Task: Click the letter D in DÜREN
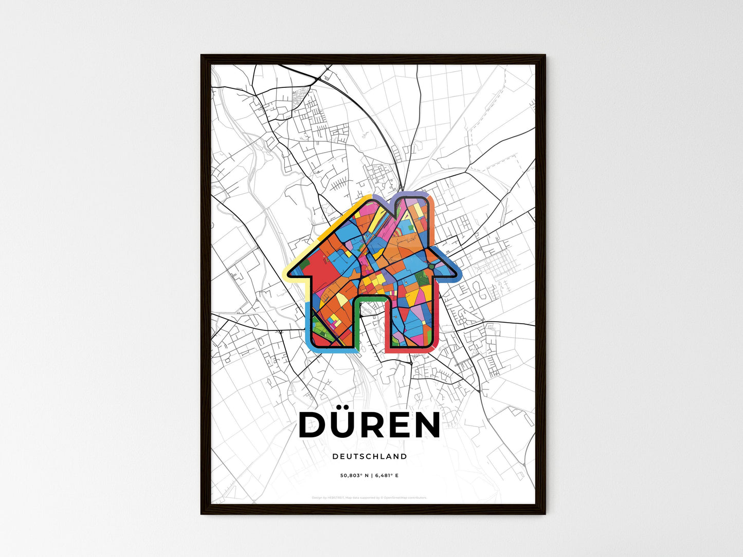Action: (313, 425)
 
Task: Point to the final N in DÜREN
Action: (426, 425)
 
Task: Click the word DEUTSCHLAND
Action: (370, 456)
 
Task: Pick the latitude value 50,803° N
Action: (353, 475)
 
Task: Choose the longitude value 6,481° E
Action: (386, 475)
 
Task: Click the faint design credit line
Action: (369, 497)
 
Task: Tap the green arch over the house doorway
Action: (370, 299)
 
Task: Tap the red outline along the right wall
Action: (435, 329)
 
